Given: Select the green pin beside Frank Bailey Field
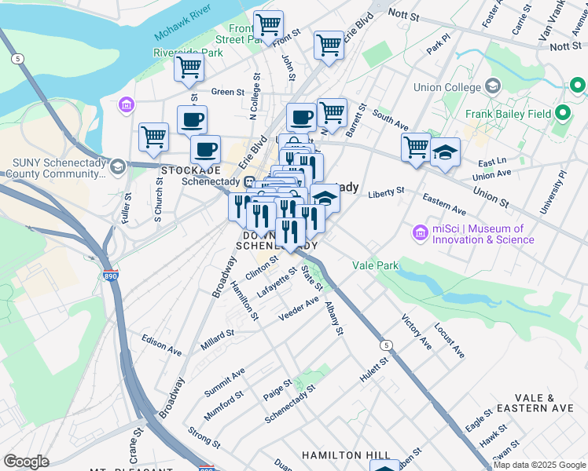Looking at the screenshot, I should click(x=563, y=113).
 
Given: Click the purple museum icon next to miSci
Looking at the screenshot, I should click(x=419, y=233).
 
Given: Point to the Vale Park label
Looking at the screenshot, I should click(x=376, y=265).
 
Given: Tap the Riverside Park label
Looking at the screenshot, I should click(x=188, y=53).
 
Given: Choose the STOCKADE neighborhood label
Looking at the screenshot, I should click(x=191, y=170).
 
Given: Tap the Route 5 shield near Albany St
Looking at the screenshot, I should click(x=385, y=345).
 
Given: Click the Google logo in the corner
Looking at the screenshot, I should click(x=26, y=462).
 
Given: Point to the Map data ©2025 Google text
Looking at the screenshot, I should click(x=539, y=465).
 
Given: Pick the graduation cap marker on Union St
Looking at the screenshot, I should click(x=445, y=152).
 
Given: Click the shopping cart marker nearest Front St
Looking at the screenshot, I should click(x=269, y=25).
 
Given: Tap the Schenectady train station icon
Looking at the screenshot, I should click(x=248, y=182).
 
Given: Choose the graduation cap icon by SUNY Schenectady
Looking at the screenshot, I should click(x=117, y=166).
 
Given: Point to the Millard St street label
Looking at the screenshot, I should click(x=218, y=334).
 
